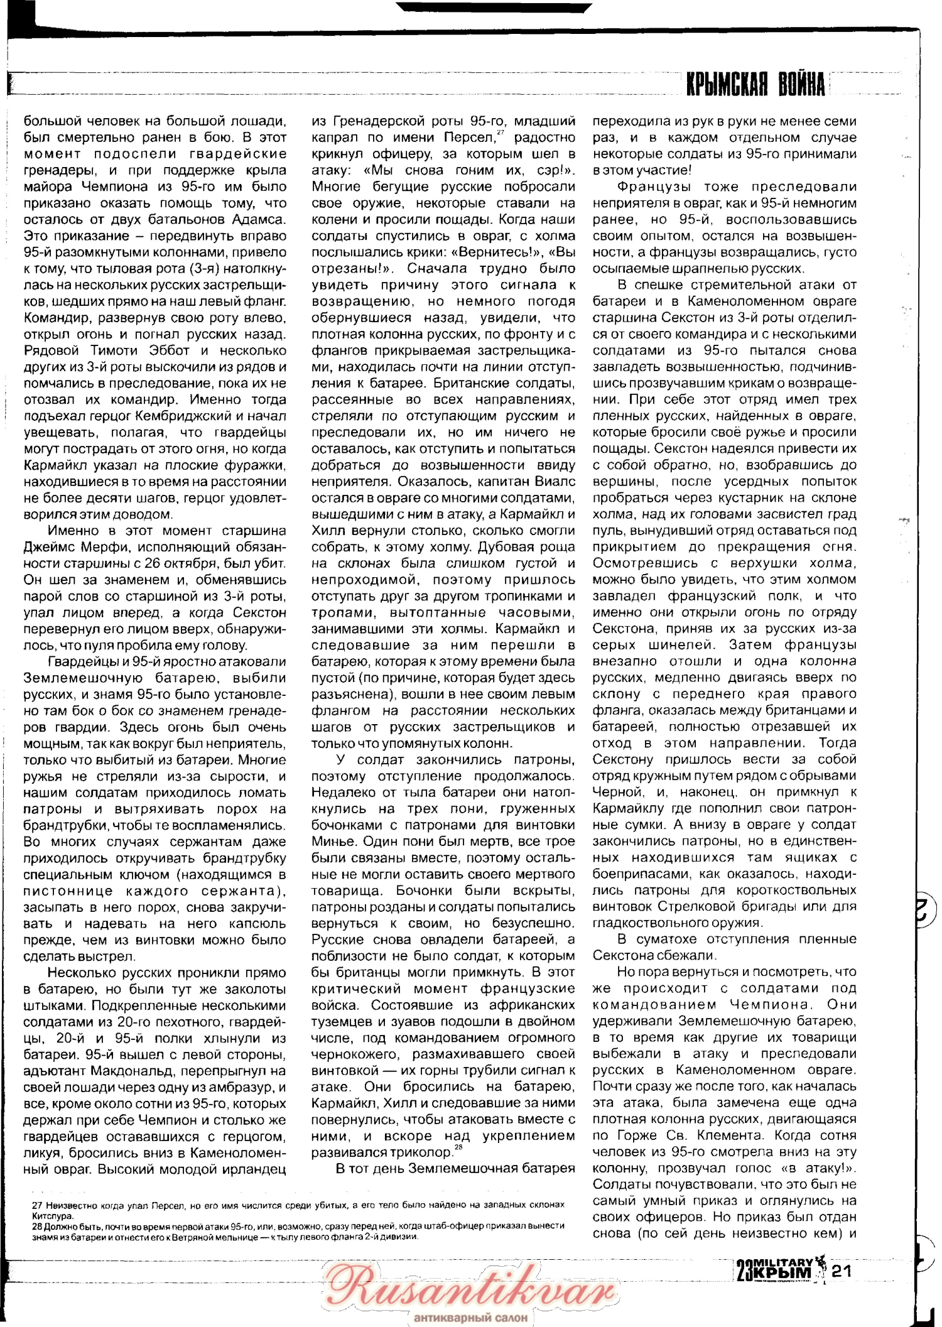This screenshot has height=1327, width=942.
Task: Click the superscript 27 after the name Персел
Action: [x=501, y=133]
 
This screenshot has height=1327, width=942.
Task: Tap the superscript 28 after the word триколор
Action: [x=458, y=1147]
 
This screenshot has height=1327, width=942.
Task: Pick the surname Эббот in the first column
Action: [x=175, y=350]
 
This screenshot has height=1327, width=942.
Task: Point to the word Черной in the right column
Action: [x=612, y=792]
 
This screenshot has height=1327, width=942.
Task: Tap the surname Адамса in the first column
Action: [x=259, y=219]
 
